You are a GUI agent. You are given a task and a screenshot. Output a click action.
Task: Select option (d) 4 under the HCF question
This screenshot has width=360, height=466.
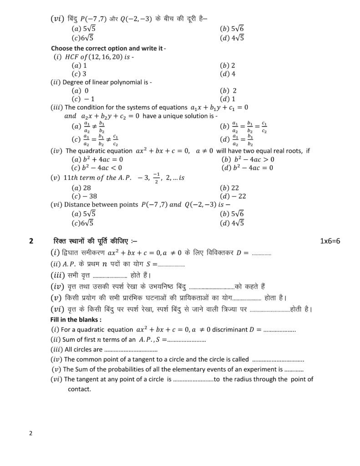(228, 73)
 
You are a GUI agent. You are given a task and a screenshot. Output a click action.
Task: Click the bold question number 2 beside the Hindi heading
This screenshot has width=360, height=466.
(31, 242)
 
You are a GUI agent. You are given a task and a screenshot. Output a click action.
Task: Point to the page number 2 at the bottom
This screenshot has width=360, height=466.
(30, 433)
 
